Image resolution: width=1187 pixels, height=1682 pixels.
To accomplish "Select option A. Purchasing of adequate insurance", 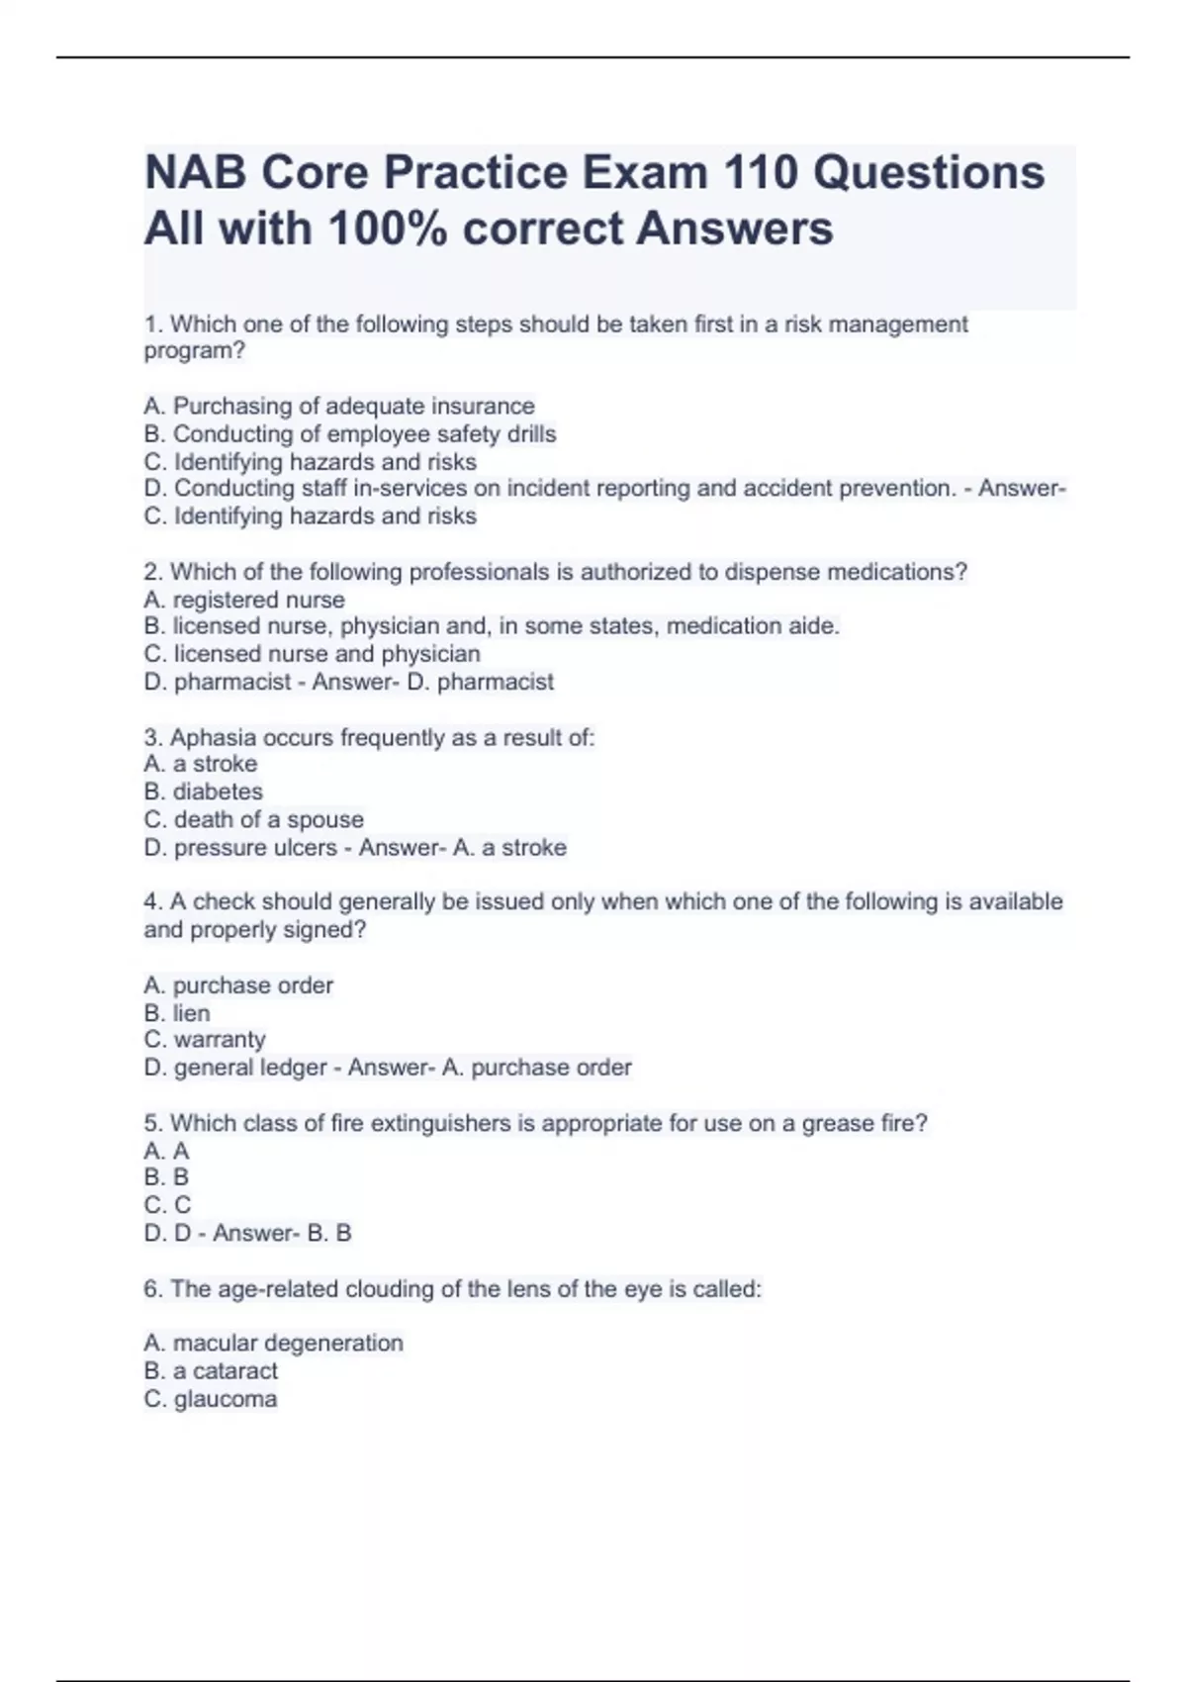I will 339,407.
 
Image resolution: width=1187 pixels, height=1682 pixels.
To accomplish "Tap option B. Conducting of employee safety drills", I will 350,434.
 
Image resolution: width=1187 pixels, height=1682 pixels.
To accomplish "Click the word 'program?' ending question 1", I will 195,351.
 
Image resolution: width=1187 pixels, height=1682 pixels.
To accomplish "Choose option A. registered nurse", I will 244,601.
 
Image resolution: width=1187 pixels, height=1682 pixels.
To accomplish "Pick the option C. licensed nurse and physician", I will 312,654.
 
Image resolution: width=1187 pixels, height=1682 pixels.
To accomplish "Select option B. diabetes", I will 203,792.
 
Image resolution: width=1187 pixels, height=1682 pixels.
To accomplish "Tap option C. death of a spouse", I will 253,820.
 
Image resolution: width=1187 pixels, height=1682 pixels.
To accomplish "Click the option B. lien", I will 177,1013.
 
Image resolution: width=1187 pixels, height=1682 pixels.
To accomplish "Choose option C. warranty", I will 205,1040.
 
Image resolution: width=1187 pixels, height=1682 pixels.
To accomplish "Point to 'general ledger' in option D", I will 250,1068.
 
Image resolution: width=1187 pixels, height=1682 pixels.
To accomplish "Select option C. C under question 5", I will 167,1205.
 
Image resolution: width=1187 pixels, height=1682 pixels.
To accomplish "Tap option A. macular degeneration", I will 273,1344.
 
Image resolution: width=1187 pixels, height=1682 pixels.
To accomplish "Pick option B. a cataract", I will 211,1371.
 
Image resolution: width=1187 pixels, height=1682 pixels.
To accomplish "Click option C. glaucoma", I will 211,1399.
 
